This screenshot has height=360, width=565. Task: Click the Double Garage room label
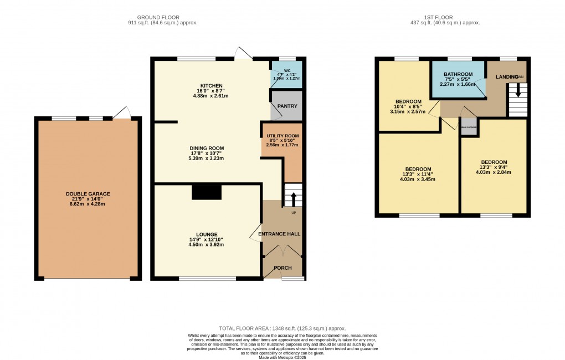tap(88, 194)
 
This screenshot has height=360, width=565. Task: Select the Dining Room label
tap(207, 148)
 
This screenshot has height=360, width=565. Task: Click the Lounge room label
tap(206, 234)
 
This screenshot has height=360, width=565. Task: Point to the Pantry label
tap(287, 106)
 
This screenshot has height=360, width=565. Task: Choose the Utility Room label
tap(282, 136)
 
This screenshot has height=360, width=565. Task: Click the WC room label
tap(287, 71)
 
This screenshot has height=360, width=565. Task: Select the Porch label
tap(283, 268)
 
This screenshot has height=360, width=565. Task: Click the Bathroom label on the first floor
tap(458, 75)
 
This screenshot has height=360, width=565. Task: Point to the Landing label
tap(507, 76)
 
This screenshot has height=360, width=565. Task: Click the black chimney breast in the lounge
tap(207, 192)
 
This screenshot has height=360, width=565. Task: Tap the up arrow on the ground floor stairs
tap(294, 198)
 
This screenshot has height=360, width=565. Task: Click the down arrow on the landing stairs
tap(518, 90)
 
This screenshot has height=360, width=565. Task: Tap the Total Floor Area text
tap(282, 328)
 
